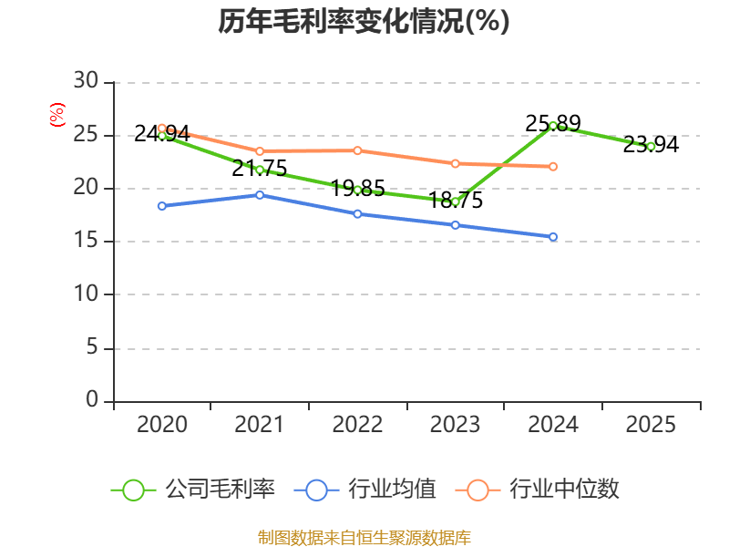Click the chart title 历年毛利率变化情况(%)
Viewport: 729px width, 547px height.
pyautogui.click(x=364, y=21)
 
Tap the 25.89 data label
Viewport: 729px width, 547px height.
pyautogui.click(x=553, y=124)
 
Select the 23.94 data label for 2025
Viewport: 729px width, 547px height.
pyautogui.click(x=651, y=145)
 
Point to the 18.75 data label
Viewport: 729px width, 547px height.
pyautogui.click(x=455, y=200)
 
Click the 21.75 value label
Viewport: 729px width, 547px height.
pyautogui.click(x=260, y=169)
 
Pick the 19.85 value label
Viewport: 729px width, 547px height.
pyautogui.click(x=357, y=189)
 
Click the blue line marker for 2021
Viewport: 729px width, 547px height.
pyautogui.click(x=260, y=195)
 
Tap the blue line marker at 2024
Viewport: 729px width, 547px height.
pyautogui.click(x=553, y=237)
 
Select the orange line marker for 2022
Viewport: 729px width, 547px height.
pyautogui.click(x=357, y=150)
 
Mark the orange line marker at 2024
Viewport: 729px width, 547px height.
pyautogui.click(x=553, y=167)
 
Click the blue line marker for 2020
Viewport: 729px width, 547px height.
pyautogui.click(x=162, y=206)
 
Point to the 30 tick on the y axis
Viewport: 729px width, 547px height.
pyautogui.click(x=86, y=81)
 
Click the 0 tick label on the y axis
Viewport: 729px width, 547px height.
pyautogui.click(x=92, y=399)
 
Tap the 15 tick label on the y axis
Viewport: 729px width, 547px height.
pyautogui.click(x=86, y=240)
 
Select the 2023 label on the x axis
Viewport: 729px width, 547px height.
pyautogui.click(x=455, y=424)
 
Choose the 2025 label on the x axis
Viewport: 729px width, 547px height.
pyautogui.click(x=651, y=424)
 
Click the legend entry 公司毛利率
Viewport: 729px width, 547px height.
pyautogui.click(x=193, y=490)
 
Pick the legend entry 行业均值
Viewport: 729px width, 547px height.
pyautogui.click(x=365, y=490)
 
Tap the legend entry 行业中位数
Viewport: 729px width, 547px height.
pyautogui.click(x=537, y=490)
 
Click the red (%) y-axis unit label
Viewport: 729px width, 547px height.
pyautogui.click(x=57, y=115)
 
